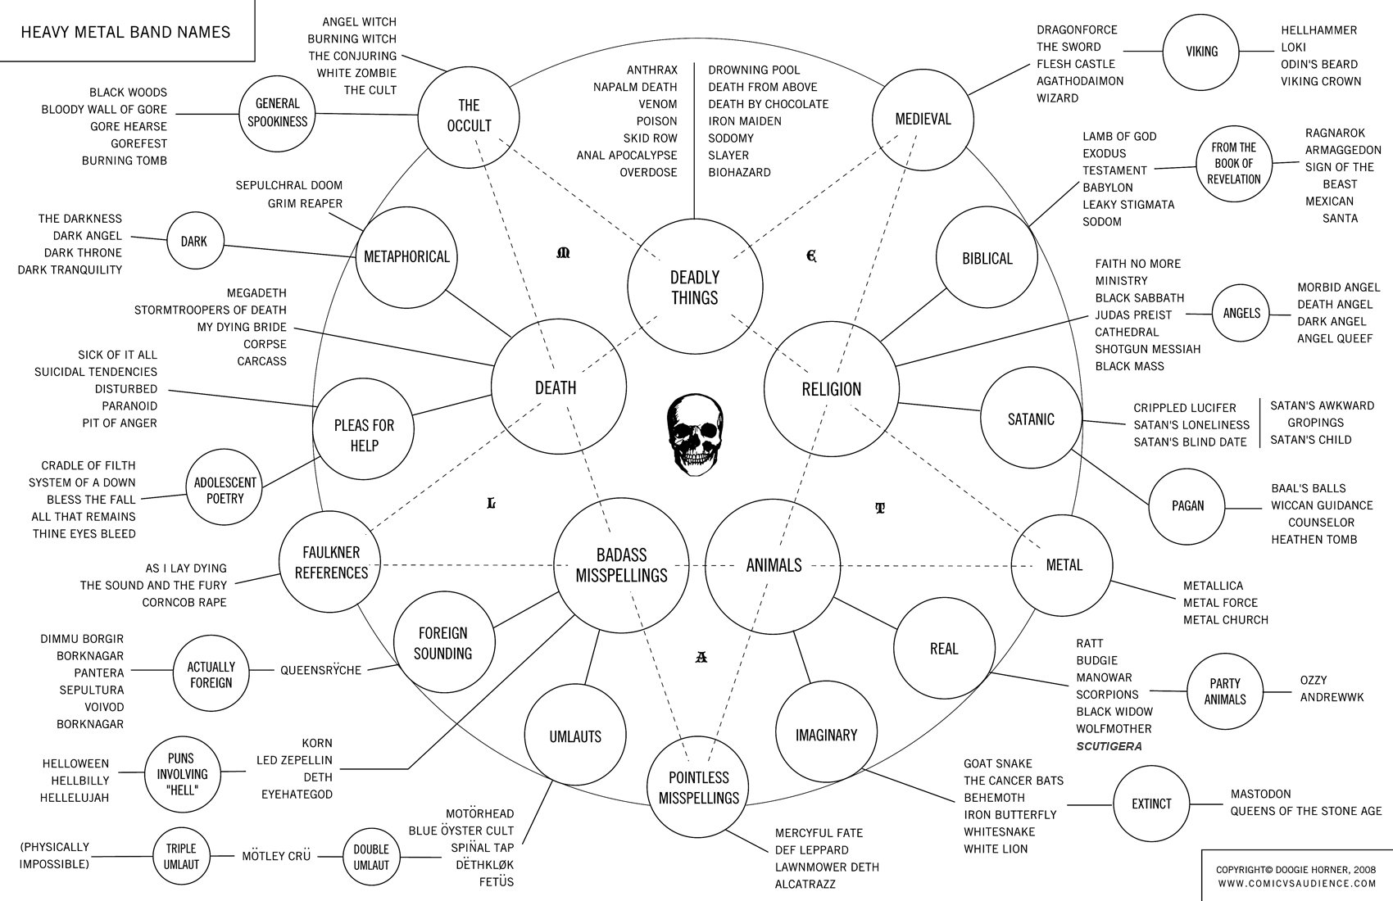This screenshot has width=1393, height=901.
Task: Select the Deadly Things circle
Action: [x=695, y=287]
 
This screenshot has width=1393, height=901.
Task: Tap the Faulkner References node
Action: [x=331, y=563]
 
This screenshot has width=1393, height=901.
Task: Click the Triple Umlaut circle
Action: [x=182, y=856]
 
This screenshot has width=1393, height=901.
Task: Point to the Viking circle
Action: [x=1201, y=52]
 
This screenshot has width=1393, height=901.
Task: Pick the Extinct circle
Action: [x=1151, y=804]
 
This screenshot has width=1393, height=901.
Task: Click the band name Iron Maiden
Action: [x=744, y=121]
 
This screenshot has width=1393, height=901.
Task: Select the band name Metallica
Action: [x=1213, y=586]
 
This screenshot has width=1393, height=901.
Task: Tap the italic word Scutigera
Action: [x=1109, y=746]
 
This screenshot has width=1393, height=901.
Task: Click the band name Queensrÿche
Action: [x=320, y=670]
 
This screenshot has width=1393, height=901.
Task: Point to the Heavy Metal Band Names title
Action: [x=125, y=33]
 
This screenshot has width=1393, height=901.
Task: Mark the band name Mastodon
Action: [x=1260, y=794]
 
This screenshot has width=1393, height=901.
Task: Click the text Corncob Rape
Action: [x=184, y=602]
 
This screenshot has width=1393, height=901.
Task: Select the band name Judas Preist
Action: [x=1133, y=315]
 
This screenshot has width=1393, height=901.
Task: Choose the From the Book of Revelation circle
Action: [x=1233, y=163]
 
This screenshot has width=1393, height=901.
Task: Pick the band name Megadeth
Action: [x=256, y=292]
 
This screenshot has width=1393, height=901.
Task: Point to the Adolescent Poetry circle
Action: [x=225, y=490]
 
